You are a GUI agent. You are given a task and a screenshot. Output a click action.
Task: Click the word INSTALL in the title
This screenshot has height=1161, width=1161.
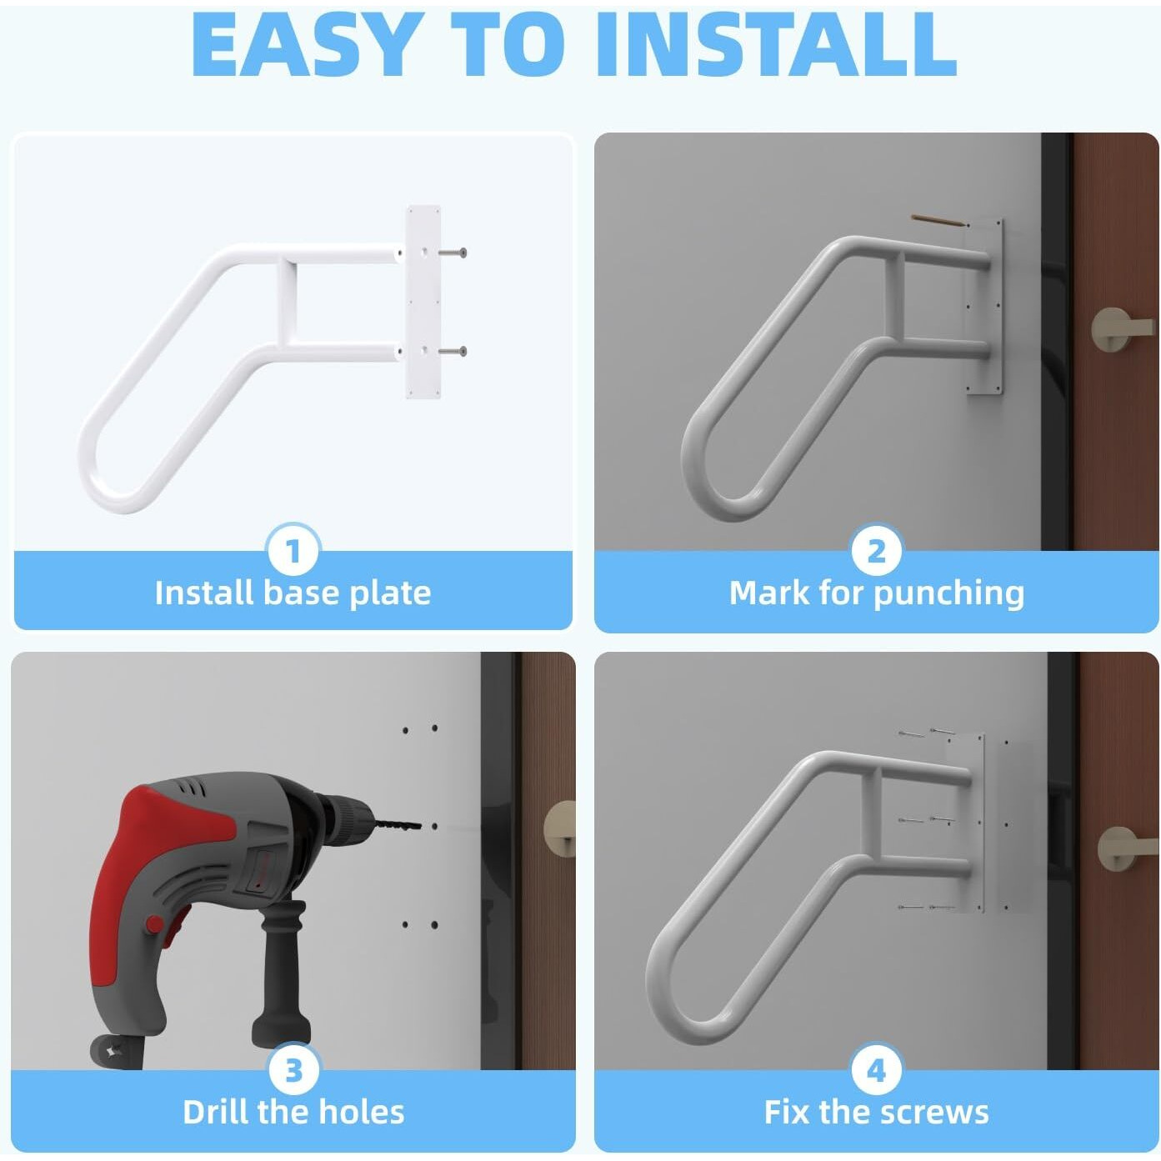[x=775, y=46]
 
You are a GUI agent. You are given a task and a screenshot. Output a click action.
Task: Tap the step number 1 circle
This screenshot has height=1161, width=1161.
[x=293, y=551]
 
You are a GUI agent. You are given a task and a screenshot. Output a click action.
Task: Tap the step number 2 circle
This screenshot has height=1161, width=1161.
[x=876, y=551]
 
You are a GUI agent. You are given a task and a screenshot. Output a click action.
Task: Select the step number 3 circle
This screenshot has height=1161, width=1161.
[x=293, y=1070]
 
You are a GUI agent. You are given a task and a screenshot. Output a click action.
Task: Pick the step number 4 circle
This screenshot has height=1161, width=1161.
[x=876, y=1070]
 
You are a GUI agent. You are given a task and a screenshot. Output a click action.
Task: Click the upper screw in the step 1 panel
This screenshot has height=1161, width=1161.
[x=454, y=253]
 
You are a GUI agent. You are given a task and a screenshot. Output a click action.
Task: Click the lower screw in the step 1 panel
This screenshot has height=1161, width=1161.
[x=454, y=352]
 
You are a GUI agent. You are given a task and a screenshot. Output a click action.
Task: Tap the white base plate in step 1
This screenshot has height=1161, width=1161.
[x=423, y=302]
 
